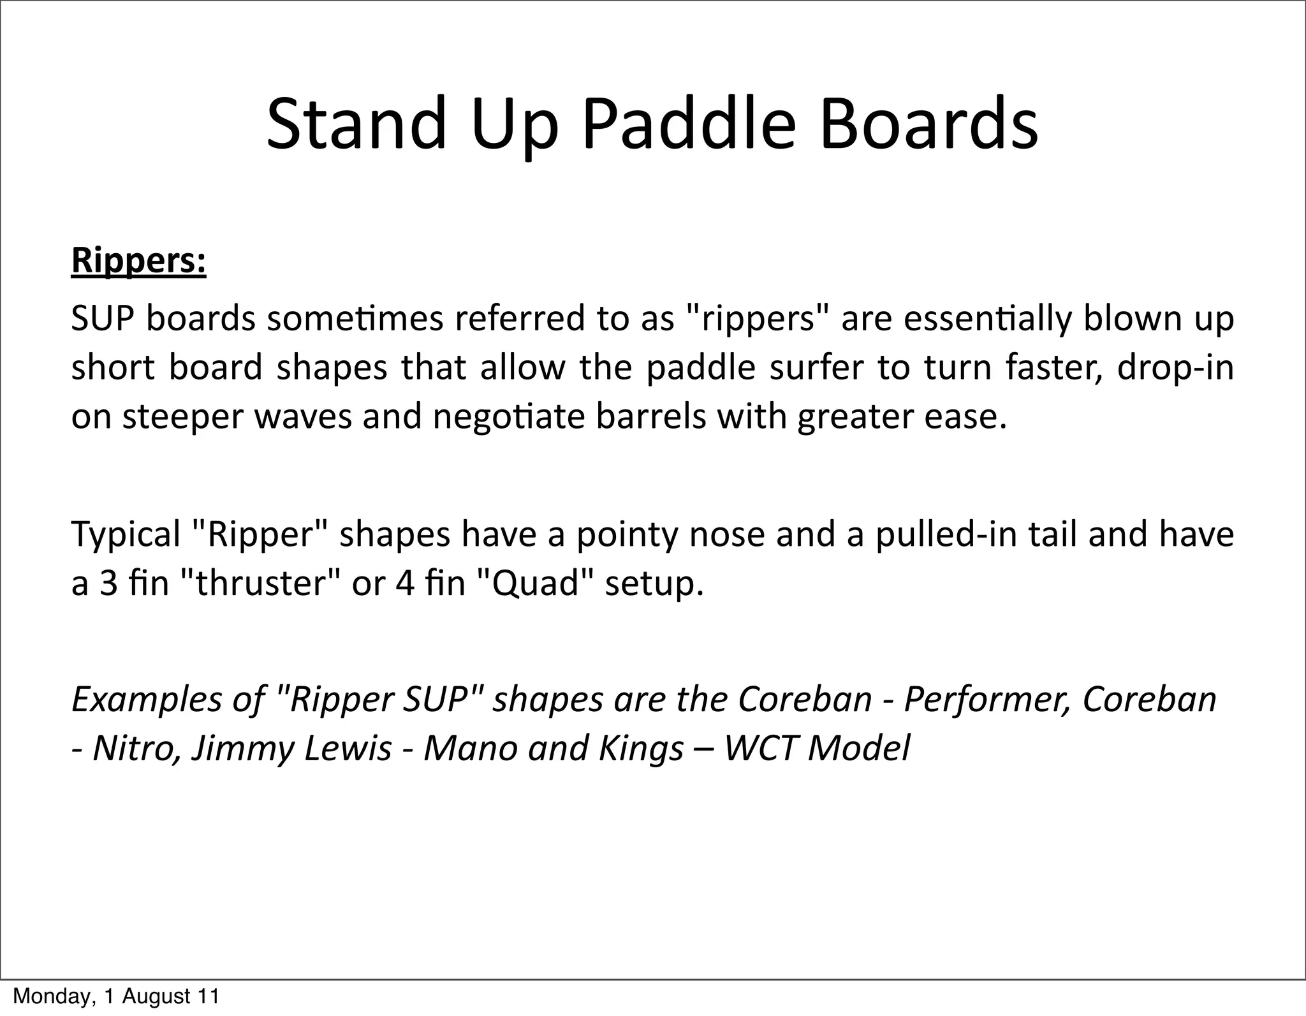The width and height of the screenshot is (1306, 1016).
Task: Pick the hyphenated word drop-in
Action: [1175, 367]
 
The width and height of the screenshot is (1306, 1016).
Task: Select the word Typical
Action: [126, 534]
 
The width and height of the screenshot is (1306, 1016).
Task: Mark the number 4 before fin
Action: [406, 583]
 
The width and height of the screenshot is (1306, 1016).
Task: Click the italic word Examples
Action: [145, 699]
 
